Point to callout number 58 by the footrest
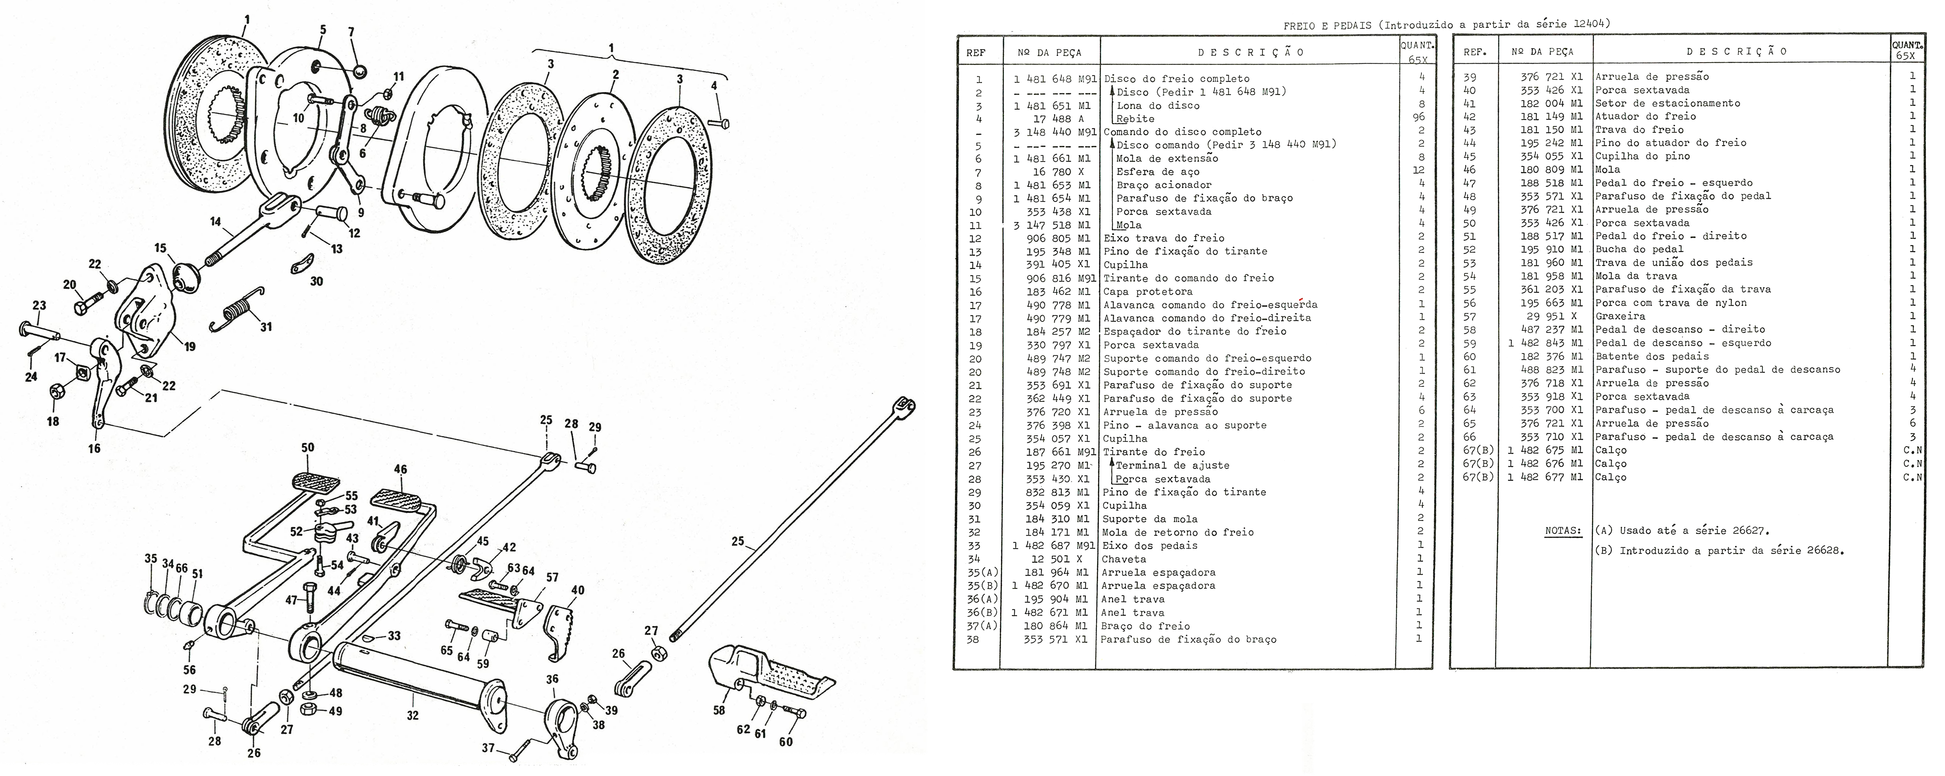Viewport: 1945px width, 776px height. pyautogui.click(x=719, y=710)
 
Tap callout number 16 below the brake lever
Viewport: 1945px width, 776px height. pyautogui.click(x=94, y=449)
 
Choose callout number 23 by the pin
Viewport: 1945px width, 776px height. pyautogui.click(x=39, y=306)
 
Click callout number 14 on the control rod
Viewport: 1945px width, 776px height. pyautogui.click(x=216, y=222)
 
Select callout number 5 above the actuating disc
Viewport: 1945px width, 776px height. pyautogui.click(x=323, y=30)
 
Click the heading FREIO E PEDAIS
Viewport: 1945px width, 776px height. pyautogui.click(x=1329, y=25)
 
